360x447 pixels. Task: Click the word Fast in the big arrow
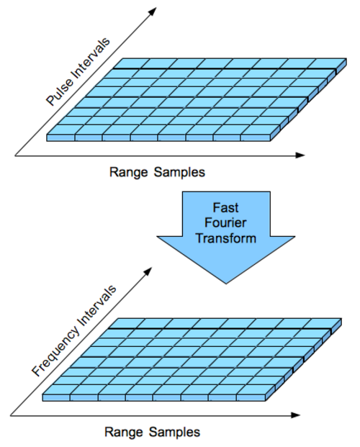[x=225, y=207]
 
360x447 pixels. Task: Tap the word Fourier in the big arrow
[x=225, y=222]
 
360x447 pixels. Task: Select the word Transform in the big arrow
[x=225, y=238]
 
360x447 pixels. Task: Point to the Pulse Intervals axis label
[x=78, y=71]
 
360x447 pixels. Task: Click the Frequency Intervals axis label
[x=74, y=330]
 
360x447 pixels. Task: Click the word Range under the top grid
[x=129, y=173]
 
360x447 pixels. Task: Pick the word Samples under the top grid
[x=180, y=173]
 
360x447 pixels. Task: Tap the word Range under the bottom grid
[x=124, y=432]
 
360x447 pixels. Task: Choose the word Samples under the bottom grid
[x=174, y=432]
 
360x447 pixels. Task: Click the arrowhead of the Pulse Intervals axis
[x=153, y=11]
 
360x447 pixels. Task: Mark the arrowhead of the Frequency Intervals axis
[x=148, y=271]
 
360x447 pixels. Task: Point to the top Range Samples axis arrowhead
[x=300, y=155]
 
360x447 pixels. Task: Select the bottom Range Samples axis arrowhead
[x=296, y=415]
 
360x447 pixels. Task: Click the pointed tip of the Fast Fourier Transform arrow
[x=226, y=284]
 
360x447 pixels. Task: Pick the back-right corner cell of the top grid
[x=327, y=63]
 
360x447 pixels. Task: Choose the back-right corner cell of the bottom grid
[x=323, y=323]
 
